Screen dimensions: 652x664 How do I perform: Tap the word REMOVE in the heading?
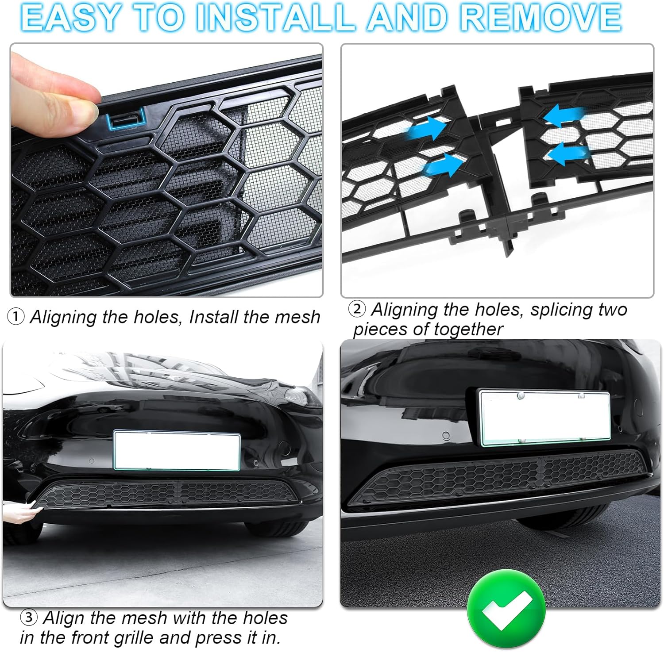pyautogui.click(x=540, y=18)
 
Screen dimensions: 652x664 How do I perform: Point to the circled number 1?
pyautogui.click(x=16, y=317)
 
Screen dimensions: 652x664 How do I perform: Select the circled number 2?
pyautogui.click(x=357, y=309)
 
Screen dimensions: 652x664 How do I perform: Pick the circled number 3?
pyautogui.click(x=29, y=617)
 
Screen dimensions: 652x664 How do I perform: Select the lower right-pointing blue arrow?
pyautogui.click(x=444, y=165)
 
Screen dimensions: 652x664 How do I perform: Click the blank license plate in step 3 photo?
pyautogui.click(x=177, y=451)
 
